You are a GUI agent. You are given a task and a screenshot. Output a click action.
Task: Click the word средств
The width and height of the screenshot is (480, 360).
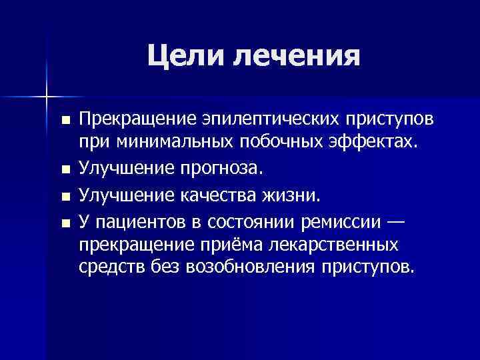click(107, 268)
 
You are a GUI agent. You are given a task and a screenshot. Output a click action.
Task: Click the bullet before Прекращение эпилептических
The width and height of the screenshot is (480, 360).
click(65, 120)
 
